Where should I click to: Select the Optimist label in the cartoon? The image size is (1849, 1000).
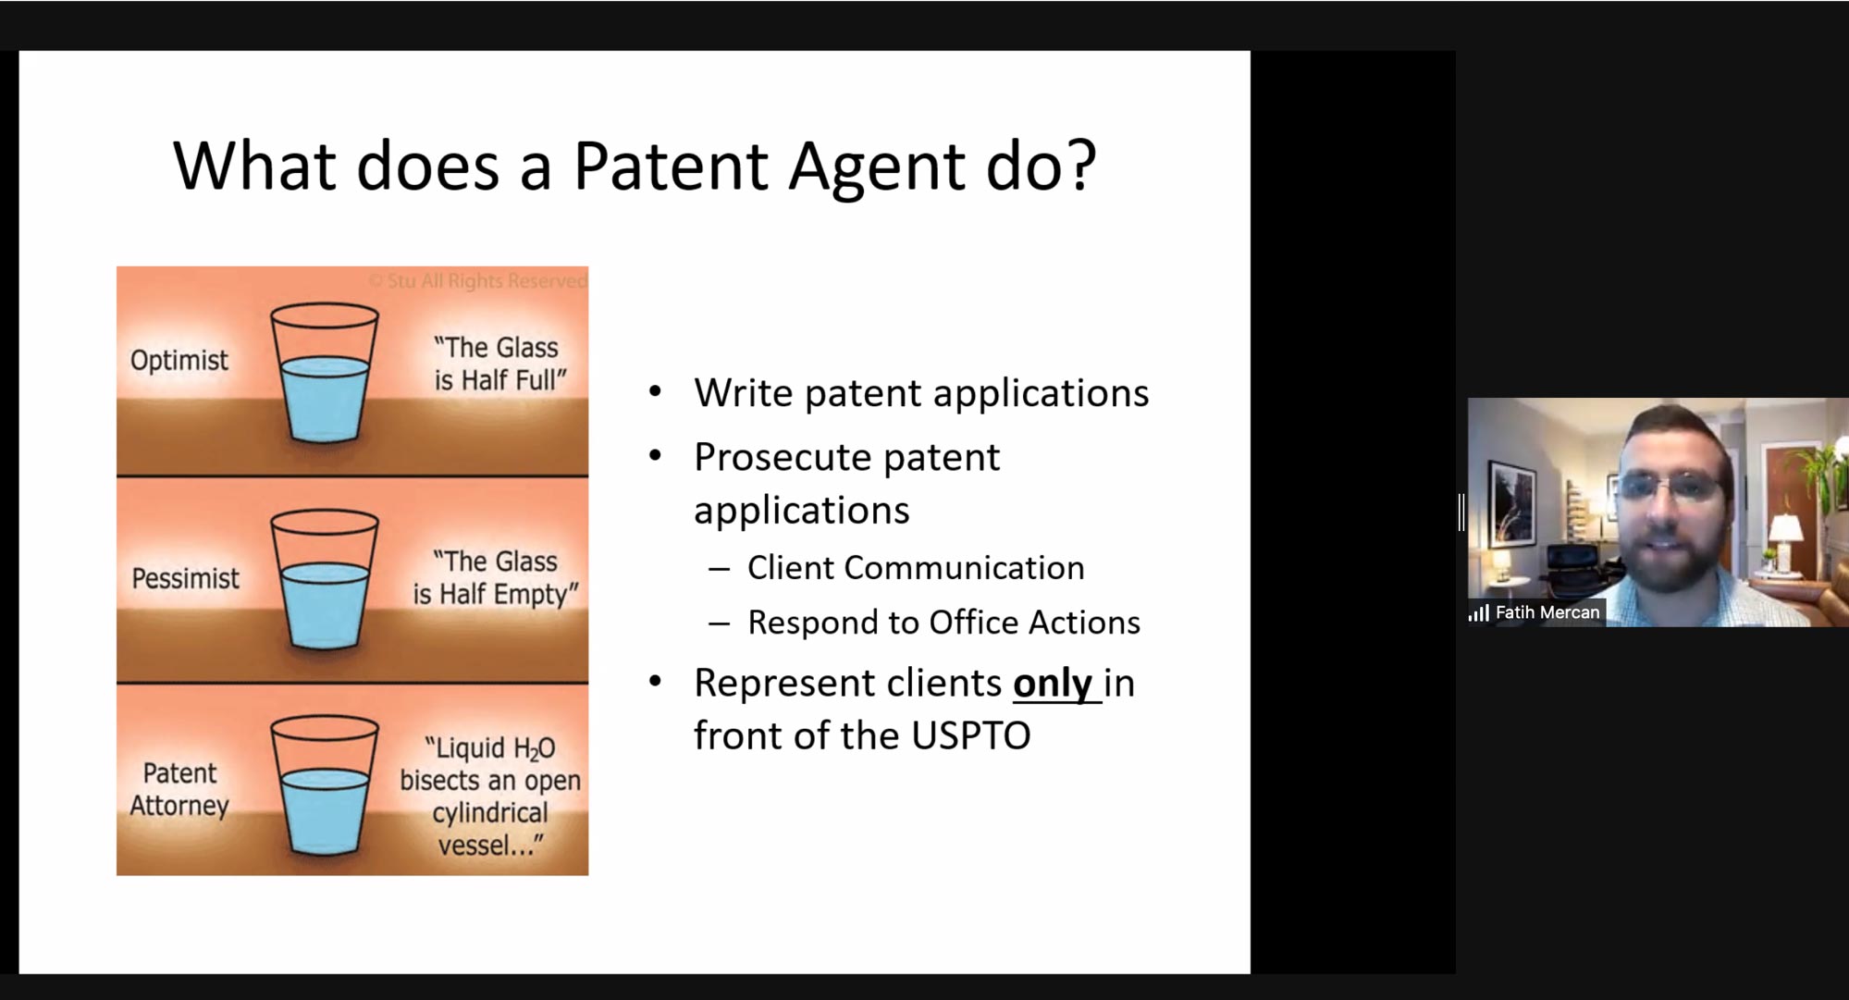coord(179,361)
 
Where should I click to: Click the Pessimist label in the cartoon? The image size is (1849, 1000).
coord(185,579)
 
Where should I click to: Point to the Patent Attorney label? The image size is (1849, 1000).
coord(179,789)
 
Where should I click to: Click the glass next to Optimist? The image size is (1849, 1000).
coord(325,373)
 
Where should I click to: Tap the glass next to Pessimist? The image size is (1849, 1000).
coord(325,580)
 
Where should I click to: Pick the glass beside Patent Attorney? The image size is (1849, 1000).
coord(325,785)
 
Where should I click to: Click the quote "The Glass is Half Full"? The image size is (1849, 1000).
coord(499,364)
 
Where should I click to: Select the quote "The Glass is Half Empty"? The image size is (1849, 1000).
coord(496,578)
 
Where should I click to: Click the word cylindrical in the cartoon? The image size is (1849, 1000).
coord(490,813)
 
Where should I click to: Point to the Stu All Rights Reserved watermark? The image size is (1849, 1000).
coord(477,280)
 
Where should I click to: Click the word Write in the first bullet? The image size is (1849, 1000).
coord(744,393)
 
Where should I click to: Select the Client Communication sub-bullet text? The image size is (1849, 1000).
coord(916,568)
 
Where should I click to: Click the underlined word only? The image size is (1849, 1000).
coord(1053,684)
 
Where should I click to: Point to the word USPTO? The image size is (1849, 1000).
coord(970,736)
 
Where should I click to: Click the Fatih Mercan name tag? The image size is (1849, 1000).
coord(1547,612)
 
